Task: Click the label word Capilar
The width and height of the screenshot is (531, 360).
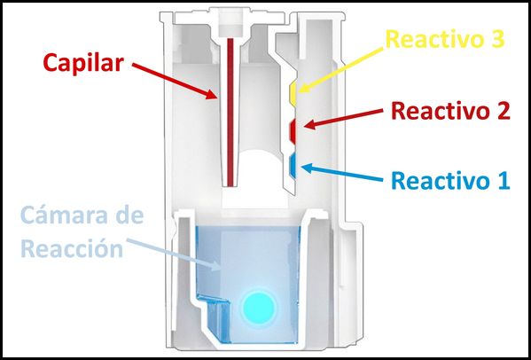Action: [x=85, y=63]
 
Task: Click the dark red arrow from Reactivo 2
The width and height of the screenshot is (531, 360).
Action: [x=346, y=121]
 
